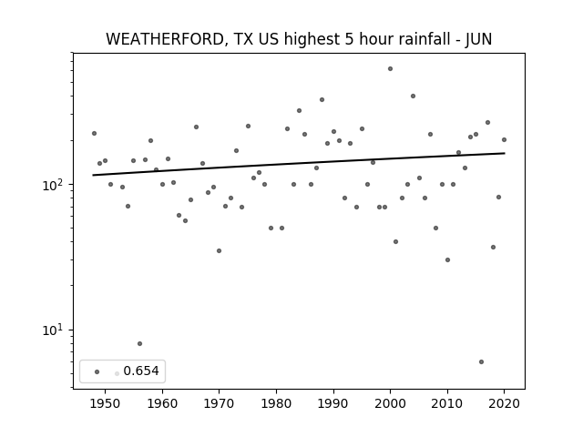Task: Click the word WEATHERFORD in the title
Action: coord(165,39)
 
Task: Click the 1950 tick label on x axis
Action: coord(106,403)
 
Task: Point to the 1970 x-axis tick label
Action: coord(219,403)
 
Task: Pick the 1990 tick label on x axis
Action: coord(333,403)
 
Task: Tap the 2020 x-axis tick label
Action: coord(504,403)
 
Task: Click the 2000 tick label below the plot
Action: coord(390,403)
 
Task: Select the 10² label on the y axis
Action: coord(55,184)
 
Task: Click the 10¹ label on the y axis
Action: coord(55,330)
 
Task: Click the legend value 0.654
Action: coord(141,371)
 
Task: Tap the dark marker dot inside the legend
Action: coord(97,371)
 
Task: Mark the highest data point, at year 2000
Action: coord(390,69)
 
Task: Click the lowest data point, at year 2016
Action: coord(482,362)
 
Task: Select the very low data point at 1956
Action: coord(139,344)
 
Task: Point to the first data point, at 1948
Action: coord(94,134)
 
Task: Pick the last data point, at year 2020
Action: coord(504,139)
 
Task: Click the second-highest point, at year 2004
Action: coord(413,97)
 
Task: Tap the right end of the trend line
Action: coord(505,153)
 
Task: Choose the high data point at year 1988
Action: coord(322,99)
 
